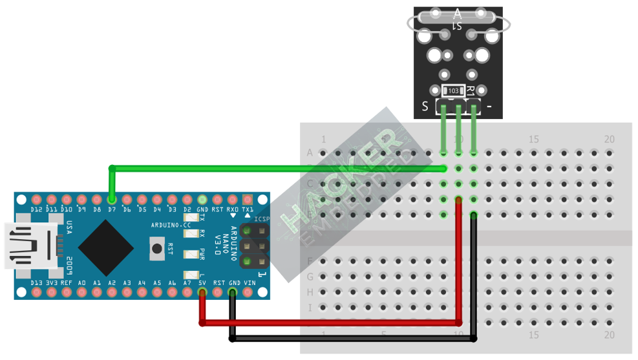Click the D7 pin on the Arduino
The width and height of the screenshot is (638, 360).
[x=112, y=200]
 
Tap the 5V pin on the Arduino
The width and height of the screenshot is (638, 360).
[x=202, y=292]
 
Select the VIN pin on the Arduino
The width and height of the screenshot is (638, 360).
[x=249, y=292]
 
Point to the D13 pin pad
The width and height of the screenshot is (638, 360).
[x=36, y=292]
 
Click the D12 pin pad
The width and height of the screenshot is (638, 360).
[x=36, y=200]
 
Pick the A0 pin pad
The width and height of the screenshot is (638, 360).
[x=81, y=292]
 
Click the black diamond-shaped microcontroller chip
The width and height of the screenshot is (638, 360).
[x=106, y=245]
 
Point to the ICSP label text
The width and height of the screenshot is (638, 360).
[x=261, y=219]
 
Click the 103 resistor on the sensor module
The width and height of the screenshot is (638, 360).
[x=453, y=91]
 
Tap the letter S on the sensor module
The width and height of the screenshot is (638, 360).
[x=425, y=107]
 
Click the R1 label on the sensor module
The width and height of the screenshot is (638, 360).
[x=471, y=92]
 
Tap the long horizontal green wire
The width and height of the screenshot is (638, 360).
[x=278, y=169]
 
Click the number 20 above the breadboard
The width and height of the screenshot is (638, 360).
[x=609, y=139]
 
